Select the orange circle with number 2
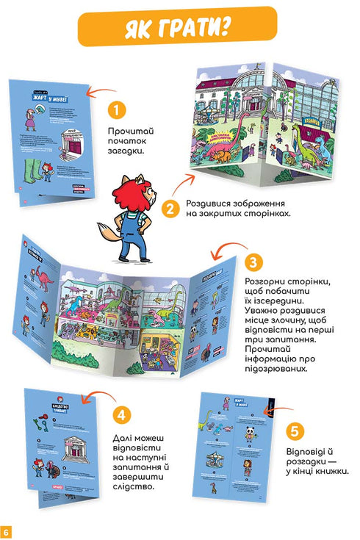170,209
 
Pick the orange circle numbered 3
253,262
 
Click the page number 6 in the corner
7,531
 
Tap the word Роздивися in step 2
210,203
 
